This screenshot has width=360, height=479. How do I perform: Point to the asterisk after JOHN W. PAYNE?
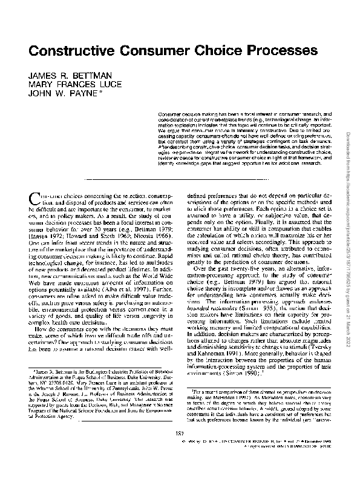point(104,93)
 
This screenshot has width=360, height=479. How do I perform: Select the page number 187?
point(180,449)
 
